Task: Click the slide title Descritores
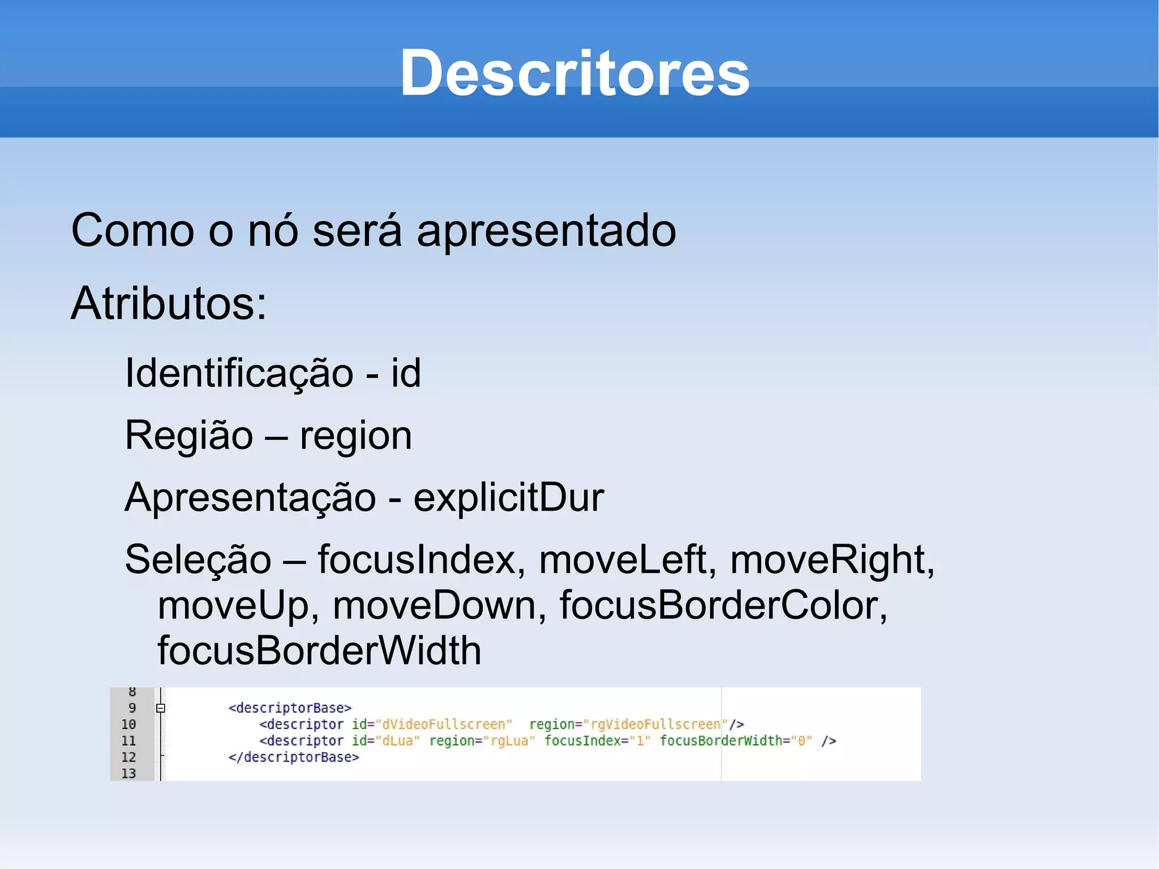pos(574,74)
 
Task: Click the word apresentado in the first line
pos(546,231)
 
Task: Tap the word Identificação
pos(239,374)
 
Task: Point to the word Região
pos(189,436)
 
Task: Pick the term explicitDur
pos(509,498)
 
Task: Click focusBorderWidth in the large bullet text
pos(319,651)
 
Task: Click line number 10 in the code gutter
pos(128,725)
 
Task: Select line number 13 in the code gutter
pos(128,774)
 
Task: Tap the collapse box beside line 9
pos(161,708)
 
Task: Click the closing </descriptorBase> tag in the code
pos(294,757)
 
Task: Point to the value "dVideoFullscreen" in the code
pos(444,725)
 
